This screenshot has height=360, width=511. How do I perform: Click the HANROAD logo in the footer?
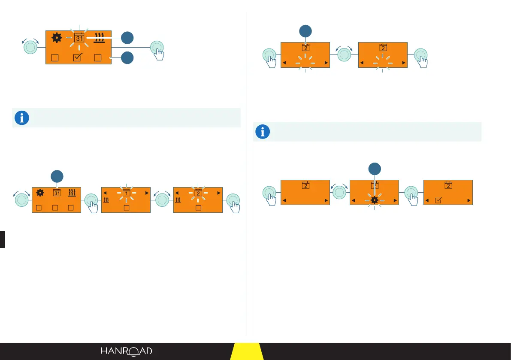(x=126, y=351)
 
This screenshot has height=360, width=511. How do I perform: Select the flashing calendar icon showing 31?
(x=79, y=38)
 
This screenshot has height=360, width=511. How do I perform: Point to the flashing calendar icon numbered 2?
(x=198, y=193)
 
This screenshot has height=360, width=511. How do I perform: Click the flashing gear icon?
(x=374, y=200)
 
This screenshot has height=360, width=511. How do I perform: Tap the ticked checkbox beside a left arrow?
(x=438, y=200)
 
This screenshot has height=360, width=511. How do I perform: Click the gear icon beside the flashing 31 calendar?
(x=56, y=38)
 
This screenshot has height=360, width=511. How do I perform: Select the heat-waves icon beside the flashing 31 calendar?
(x=100, y=38)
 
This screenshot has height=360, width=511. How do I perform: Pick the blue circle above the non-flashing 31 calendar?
(x=57, y=176)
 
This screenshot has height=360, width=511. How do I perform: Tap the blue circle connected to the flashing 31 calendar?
(x=127, y=38)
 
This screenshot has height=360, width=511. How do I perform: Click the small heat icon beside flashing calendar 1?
(x=106, y=200)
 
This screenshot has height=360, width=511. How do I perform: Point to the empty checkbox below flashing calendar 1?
(x=127, y=208)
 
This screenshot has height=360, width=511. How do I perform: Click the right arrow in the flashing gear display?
(x=394, y=200)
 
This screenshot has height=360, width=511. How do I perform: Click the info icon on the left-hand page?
(x=22, y=118)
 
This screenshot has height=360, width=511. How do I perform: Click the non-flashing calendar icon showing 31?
(x=57, y=193)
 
